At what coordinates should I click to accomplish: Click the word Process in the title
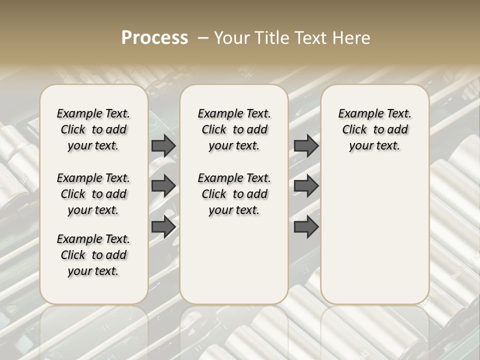point(154,38)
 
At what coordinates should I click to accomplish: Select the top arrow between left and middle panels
point(163,145)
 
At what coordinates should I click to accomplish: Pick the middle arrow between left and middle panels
point(163,186)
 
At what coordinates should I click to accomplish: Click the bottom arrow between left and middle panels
point(163,227)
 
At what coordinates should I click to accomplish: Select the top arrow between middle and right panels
point(306,145)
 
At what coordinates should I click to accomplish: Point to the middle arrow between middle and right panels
point(306,186)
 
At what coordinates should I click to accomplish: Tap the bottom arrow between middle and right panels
point(306,227)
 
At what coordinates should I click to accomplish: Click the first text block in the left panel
point(93,129)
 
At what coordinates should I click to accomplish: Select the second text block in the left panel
point(93,194)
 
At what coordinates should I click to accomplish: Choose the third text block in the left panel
point(93,255)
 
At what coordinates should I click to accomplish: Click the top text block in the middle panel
point(234,129)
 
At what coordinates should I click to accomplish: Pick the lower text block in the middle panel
point(234,194)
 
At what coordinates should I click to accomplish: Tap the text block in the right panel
point(375,129)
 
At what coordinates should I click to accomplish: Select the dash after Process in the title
point(202,38)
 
